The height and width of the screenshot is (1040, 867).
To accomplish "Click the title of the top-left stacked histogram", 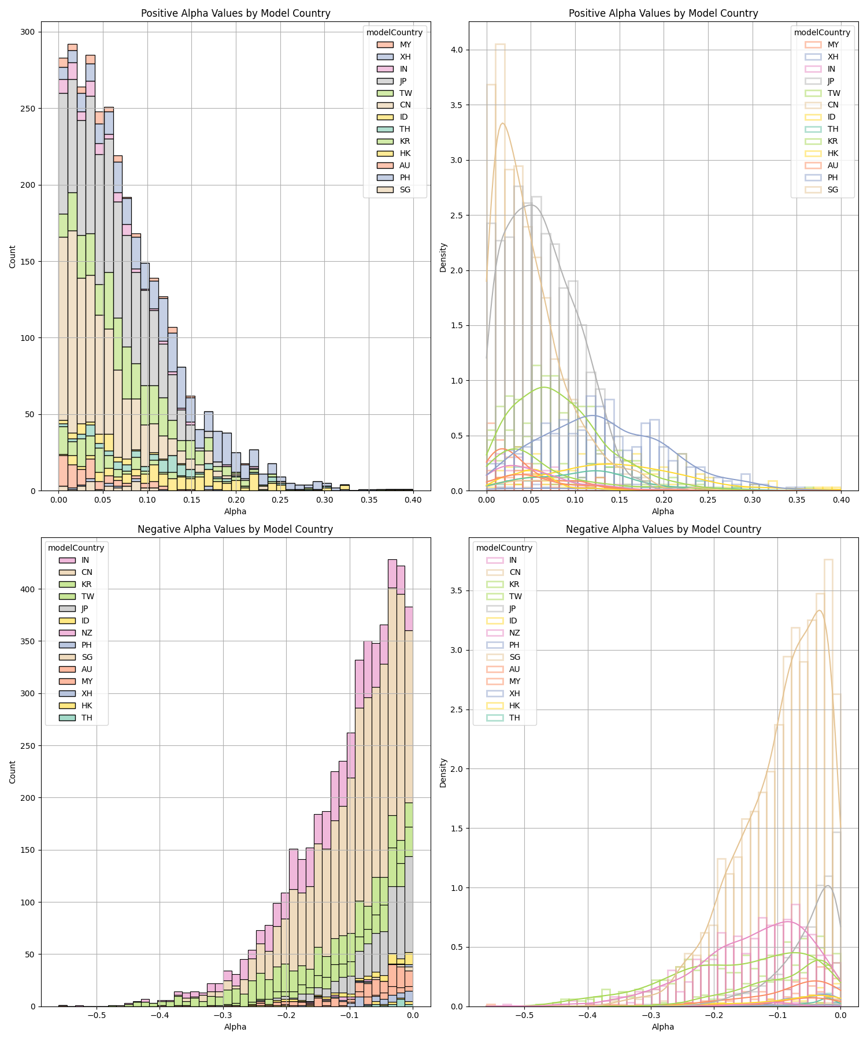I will point(235,13).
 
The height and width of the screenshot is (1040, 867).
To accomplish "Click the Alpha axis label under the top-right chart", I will point(663,511).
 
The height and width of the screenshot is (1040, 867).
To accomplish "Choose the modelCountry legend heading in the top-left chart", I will point(394,32).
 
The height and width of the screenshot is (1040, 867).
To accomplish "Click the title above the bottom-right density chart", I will point(663,529).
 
